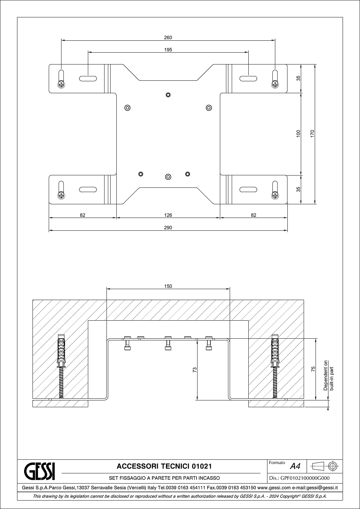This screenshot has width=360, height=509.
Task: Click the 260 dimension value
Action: (x=168, y=37)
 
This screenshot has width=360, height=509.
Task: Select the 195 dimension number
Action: (x=168, y=50)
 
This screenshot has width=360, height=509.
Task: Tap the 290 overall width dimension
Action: (x=168, y=227)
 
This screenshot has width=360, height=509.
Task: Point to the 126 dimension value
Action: (x=168, y=215)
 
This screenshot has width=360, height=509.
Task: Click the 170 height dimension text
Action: (x=312, y=133)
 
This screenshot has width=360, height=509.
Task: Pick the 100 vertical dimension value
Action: (x=298, y=133)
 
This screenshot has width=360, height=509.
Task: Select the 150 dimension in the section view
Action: (x=168, y=286)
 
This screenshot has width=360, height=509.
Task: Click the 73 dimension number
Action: (x=194, y=370)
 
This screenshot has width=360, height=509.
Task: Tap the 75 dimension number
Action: (x=313, y=369)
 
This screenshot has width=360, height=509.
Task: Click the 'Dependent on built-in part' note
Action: (x=329, y=375)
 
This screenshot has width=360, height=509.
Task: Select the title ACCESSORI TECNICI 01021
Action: (x=164, y=466)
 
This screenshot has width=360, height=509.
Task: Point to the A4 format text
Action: (x=295, y=467)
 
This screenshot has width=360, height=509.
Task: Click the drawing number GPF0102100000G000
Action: (x=305, y=478)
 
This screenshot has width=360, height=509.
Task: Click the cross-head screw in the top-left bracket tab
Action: (x=61, y=85)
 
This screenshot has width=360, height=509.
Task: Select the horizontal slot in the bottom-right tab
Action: (x=248, y=189)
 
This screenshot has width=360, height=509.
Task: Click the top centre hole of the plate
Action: (x=168, y=95)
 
